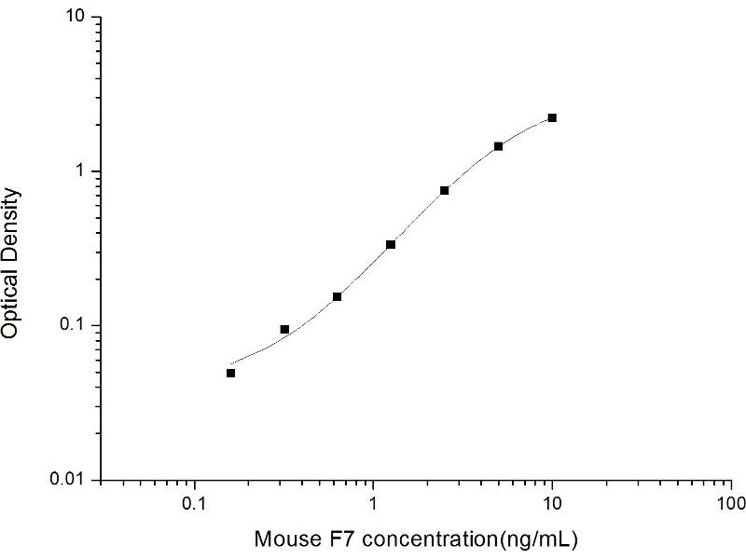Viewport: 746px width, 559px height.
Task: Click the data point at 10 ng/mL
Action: click(552, 117)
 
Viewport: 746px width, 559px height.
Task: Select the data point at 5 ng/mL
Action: click(499, 146)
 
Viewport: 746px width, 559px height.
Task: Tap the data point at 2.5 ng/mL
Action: click(445, 190)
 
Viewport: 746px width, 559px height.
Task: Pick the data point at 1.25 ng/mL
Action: click(391, 244)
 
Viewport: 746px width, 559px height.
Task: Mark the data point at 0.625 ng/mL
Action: click(337, 296)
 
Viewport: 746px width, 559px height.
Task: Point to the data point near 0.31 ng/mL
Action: click(284, 329)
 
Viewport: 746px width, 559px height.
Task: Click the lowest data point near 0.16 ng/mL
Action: click(230, 373)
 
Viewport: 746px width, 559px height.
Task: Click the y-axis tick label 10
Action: click(76, 18)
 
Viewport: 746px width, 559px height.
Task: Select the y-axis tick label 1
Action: click(82, 171)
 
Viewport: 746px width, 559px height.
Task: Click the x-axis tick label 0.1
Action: click(195, 503)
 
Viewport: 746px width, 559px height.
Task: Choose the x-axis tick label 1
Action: click(374, 503)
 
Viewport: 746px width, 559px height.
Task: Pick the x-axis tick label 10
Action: click(552, 503)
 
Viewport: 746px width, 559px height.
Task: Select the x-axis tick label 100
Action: click(731, 503)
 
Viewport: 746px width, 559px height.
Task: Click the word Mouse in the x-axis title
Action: click(283, 539)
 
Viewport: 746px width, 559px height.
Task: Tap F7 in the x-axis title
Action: click(328, 539)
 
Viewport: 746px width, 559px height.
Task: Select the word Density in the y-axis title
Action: click(11, 222)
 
